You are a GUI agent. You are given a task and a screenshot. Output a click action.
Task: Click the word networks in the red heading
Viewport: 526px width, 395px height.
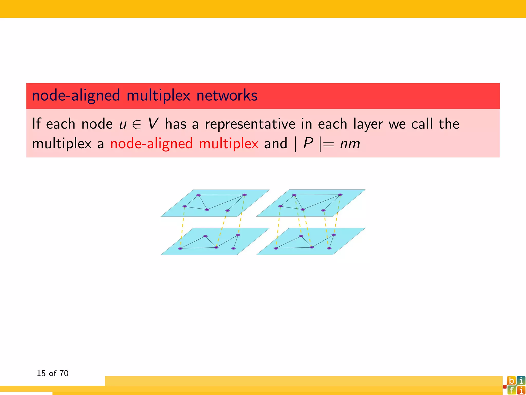(227, 96)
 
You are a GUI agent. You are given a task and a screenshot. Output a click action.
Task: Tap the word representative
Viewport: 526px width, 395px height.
(250, 124)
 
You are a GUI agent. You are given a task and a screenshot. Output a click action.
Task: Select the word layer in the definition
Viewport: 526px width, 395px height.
(368, 124)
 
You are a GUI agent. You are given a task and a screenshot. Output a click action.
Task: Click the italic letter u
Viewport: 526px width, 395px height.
(123, 124)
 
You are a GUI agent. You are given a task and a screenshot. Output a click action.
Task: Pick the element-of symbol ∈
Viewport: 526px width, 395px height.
(137, 124)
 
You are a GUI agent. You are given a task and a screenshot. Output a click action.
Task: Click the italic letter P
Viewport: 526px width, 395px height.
(308, 143)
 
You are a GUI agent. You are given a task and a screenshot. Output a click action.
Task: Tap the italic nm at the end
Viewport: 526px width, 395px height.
(350, 144)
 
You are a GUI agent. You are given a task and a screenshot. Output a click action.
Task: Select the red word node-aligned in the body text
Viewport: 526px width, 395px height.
(151, 144)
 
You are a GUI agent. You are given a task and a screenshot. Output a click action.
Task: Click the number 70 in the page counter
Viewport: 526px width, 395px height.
(64, 373)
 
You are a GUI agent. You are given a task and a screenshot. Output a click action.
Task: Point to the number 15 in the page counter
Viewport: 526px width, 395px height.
(41, 373)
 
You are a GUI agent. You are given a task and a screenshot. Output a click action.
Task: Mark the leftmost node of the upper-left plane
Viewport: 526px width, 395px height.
(184, 206)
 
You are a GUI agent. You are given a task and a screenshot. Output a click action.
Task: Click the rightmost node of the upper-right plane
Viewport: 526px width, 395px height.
(340, 195)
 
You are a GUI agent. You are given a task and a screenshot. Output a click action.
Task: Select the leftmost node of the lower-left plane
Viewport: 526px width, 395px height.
(180, 248)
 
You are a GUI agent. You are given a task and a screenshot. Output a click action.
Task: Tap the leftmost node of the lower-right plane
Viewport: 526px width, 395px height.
(276, 248)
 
